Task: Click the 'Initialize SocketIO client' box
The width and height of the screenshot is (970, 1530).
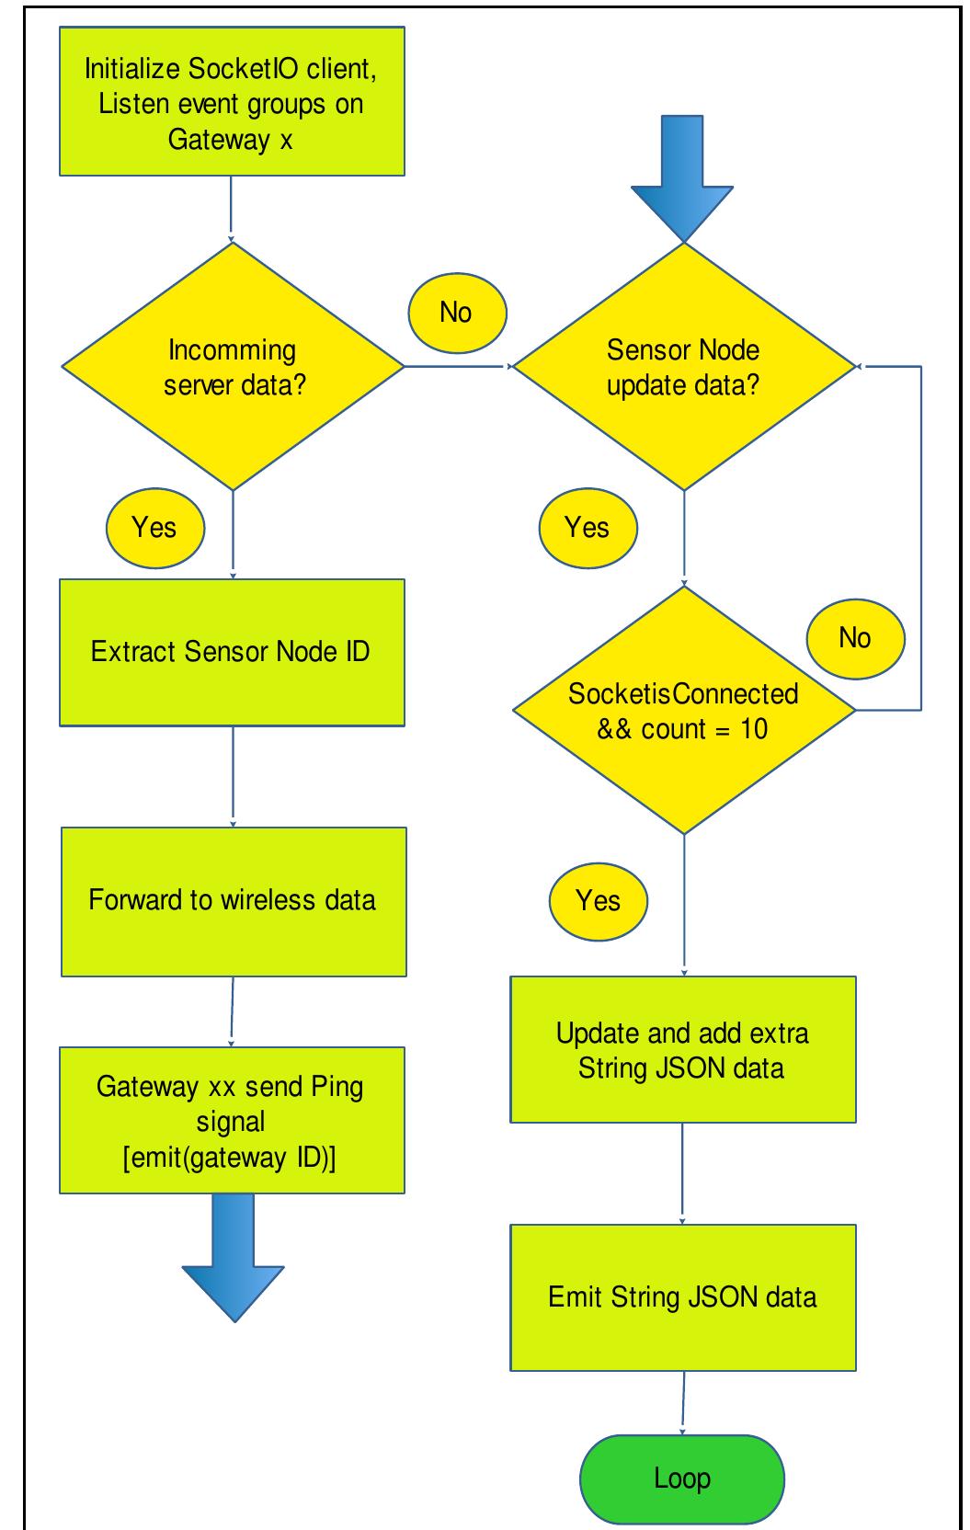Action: pyautogui.click(x=232, y=101)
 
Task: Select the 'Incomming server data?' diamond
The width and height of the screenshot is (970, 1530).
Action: pyautogui.click(x=233, y=366)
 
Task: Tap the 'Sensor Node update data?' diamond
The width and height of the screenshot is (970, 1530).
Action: pyautogui.click(x=683, y=366)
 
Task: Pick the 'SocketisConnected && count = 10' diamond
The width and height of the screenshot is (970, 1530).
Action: pyautogui.click(x=683, y=710)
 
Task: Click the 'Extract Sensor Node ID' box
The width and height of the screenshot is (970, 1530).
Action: pyautogui.click(x=232, y=652)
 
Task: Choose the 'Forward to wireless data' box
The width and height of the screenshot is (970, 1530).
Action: pyautogui.click(x=234, y=901)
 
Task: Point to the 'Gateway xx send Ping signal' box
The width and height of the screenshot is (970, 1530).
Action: pyautogui.click(x=232, y=1120)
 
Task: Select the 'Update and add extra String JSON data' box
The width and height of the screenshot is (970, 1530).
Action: pyautogui.click(x=683, y=1049)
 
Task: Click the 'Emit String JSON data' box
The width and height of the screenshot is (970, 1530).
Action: pyautogui.click(x=683, y=1297)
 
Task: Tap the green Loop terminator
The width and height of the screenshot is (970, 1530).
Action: pyautogui.click(x=682, y=1479)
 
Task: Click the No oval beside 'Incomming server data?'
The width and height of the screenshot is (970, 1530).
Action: pyautogui.click(x=457, y=313)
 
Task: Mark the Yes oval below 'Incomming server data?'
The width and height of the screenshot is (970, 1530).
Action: pyautogui.click(x=154, y=528)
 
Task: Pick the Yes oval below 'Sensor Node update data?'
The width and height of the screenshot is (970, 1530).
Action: pyautogui.click(x=588, y=528)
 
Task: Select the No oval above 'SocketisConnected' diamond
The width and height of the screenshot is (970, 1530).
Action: pyautogui.click(x=855, y=638)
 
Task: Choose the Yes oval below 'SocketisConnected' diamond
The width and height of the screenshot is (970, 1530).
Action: pyautogui.click(x=599, y=901)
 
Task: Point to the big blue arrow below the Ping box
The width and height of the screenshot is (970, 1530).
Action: pyautogui.click(x=234, y=1258)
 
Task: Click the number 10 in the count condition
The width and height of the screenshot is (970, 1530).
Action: pyautogui.click(x=754, y=729)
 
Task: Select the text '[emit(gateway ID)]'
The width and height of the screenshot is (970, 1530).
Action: pyautogui.click(x=230, y=1158)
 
